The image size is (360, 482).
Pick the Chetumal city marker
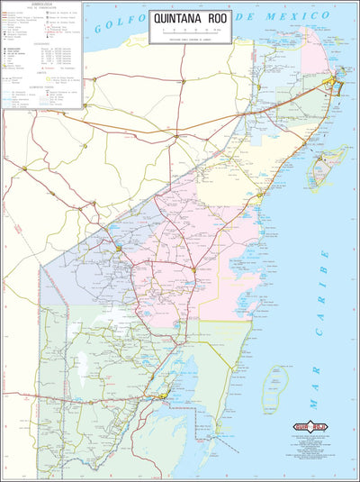[x=163, y=395]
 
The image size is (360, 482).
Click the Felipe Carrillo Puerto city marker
[x=193, y=268]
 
